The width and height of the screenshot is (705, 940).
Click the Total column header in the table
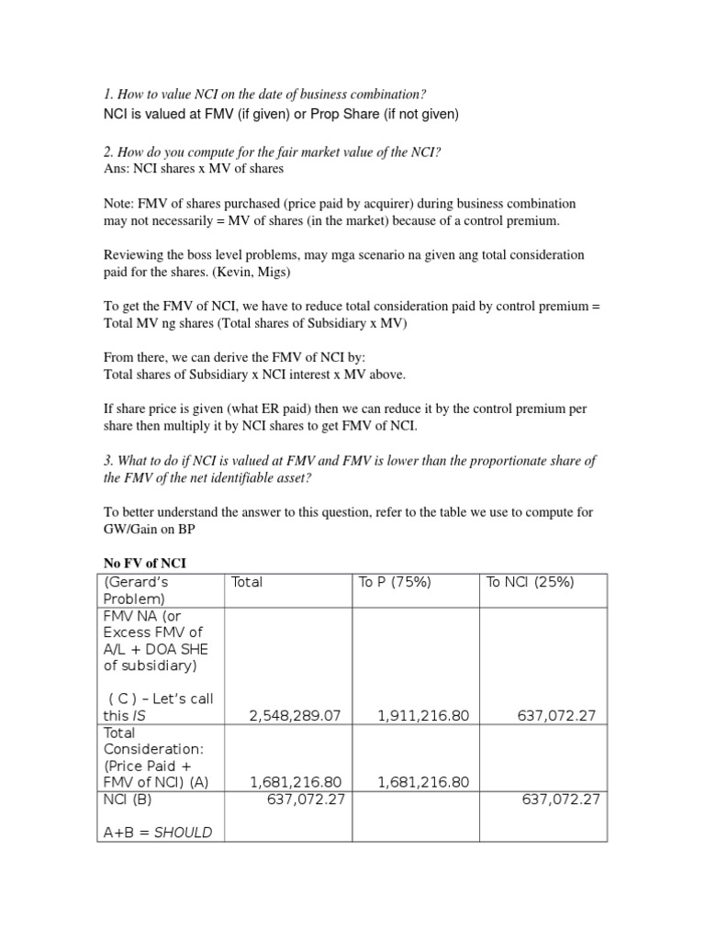pos(247,582)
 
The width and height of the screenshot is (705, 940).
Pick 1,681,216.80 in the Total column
pos(296,782)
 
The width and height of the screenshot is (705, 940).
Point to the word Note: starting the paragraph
pos(117,203)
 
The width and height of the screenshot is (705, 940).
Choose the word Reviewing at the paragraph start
pos(133,254)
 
